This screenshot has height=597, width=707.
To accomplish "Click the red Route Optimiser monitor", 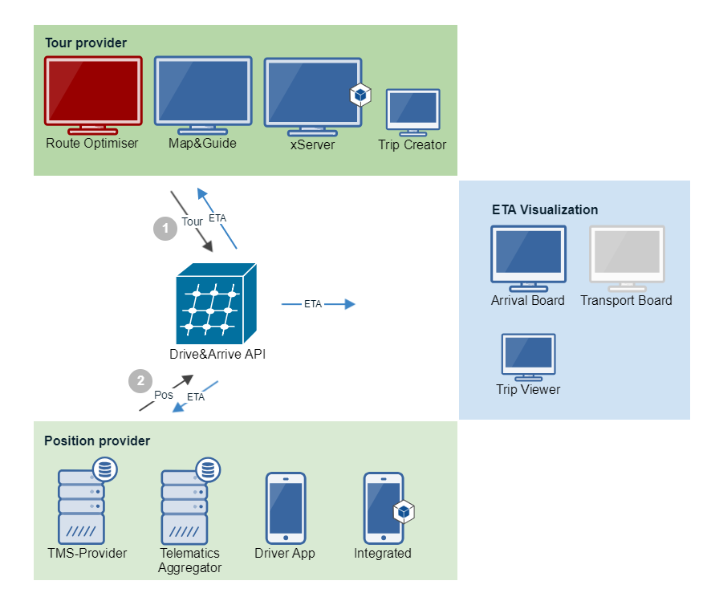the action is click(x=93, y=95).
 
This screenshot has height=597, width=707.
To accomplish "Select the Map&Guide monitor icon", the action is click(x=203, y=95).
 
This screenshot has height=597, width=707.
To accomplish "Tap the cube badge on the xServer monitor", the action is click(x=360, y=95).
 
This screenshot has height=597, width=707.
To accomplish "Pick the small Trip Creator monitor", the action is click(x=413, y=112).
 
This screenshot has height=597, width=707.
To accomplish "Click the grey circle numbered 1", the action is click(x=165, y=228).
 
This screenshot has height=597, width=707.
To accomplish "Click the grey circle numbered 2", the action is click(x=140, y=381).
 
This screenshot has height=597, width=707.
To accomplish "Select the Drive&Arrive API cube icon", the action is click(x=217, y=303).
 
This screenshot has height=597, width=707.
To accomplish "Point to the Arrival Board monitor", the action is click(x=529, y=258).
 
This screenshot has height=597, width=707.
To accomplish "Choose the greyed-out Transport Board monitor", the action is click(x=628, y=258).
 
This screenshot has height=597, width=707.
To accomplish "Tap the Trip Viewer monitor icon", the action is click(x=529, y=357).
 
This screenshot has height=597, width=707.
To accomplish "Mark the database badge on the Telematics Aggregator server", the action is click(x=208, y=469).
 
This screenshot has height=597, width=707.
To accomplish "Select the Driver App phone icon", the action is click(x=286, y=508).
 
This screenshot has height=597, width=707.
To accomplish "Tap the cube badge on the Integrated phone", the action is click(x=404, y=512).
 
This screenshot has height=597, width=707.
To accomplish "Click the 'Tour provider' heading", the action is click(x=86, y=43).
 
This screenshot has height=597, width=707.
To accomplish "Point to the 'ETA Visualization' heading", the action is click(x=545, y=209).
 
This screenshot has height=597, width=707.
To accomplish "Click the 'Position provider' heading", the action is click(x=97, y=441).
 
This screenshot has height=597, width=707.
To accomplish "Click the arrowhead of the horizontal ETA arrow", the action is click(x=350, y=304).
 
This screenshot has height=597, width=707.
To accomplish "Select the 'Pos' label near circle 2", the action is click(x=163, y=395).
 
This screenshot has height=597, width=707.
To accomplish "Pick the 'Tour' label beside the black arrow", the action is click(x=192, y=221).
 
